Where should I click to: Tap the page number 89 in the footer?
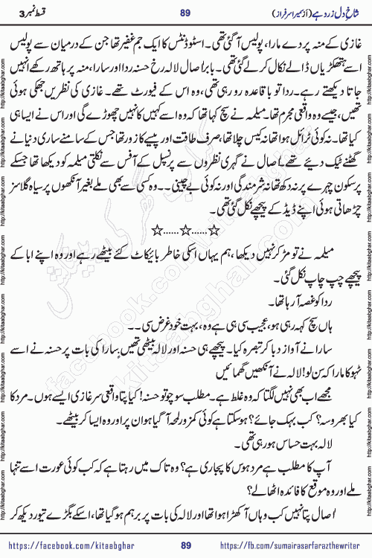pyautogui.click(x=187, y=546)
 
